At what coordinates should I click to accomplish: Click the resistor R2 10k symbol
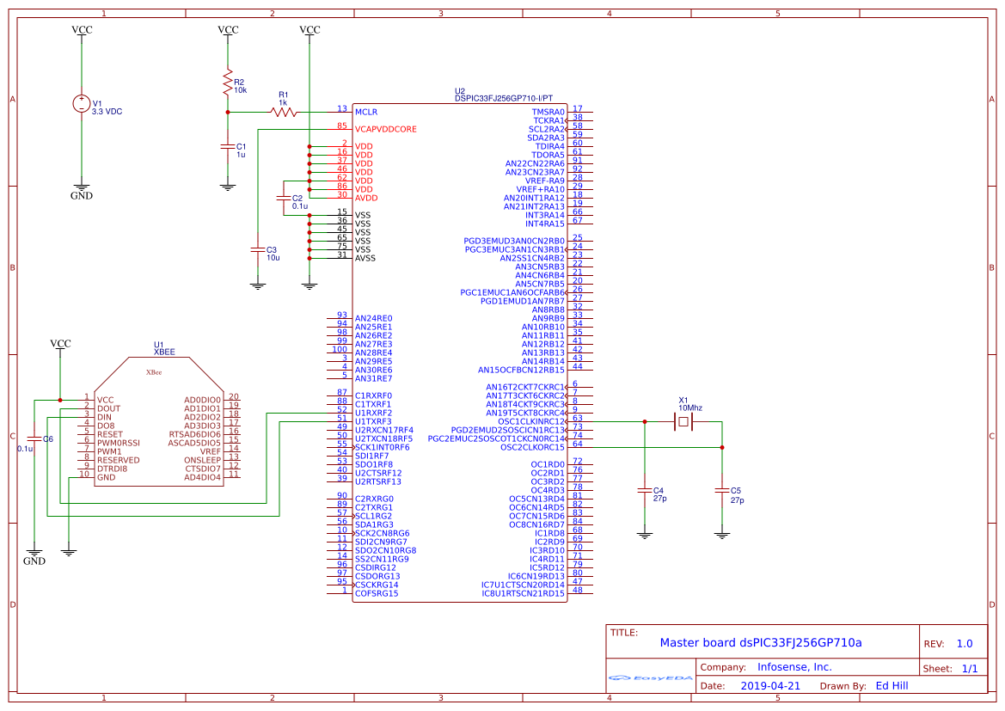(228, 83)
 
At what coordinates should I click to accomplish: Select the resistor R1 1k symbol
(283, 112)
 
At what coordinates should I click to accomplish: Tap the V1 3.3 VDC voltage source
(82, 104)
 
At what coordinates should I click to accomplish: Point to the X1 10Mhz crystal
(683, 421)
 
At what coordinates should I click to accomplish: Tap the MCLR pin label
(366, 112)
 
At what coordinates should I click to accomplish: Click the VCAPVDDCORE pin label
(385, 129)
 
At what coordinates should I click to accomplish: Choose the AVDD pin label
(366, 198)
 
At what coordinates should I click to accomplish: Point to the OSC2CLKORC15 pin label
(532, 447)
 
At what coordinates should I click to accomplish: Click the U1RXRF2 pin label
(373, 413)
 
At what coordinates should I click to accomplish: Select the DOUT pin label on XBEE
(108, 408)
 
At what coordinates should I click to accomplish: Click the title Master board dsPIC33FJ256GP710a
(760, 642)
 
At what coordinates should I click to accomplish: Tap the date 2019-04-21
(769, 686)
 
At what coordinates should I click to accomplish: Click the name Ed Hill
(892, 686)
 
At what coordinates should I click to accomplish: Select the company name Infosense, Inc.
(794, 667)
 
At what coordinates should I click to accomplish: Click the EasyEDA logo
(650, 677)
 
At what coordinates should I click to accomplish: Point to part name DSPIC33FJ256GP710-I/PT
(504, 99)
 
